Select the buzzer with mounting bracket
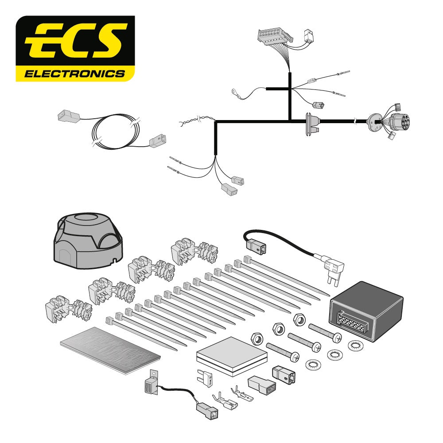point(151,384)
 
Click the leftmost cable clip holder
point(69,309)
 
